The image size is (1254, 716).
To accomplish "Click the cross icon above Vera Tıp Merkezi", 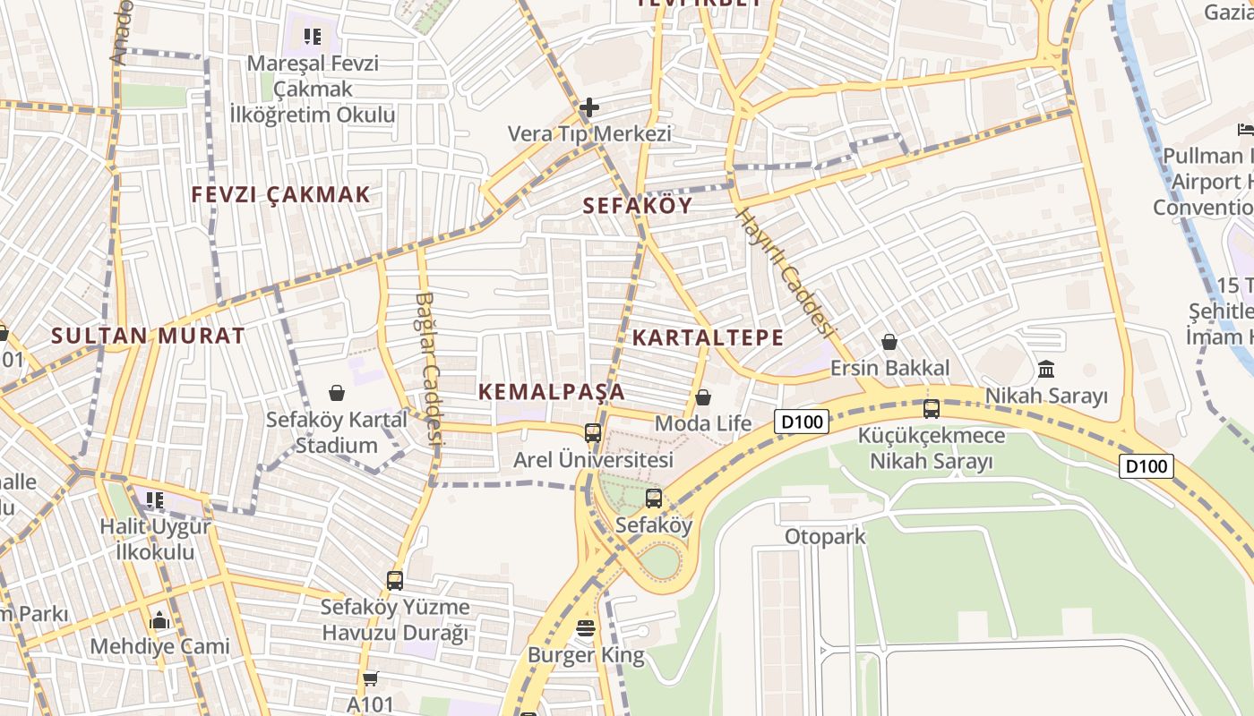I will [588, 108].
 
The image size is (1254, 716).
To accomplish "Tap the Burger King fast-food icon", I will [586, 628].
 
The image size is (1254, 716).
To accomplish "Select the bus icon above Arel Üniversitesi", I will [592, 433].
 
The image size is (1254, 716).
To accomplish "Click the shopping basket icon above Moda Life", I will [703, 396].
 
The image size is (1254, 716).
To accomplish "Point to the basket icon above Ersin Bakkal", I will [889, 341].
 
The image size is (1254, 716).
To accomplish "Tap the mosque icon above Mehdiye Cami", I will [159, 619].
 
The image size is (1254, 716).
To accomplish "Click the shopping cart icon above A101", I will [370, 678].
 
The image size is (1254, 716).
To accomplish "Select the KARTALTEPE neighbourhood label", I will [708, 337].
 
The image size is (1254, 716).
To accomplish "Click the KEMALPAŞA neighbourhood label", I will [551, 391].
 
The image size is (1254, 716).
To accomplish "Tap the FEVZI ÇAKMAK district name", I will [280, 194].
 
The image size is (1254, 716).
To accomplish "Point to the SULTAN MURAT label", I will [148, 336].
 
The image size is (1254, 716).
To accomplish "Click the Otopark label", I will [825, 536].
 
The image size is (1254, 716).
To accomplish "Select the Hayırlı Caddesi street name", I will [786, 272].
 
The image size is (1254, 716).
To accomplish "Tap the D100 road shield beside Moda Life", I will [802, 422].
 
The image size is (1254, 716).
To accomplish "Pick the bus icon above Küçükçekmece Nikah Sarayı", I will [932, 409].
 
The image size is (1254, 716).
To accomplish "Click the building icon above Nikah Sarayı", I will [1045, 369].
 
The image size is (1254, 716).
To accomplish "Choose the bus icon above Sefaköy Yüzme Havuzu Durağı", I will [395, 580].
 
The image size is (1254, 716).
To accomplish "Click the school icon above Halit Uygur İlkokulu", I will [155, 499].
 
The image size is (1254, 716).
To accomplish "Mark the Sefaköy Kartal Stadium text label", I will [337, 431].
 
